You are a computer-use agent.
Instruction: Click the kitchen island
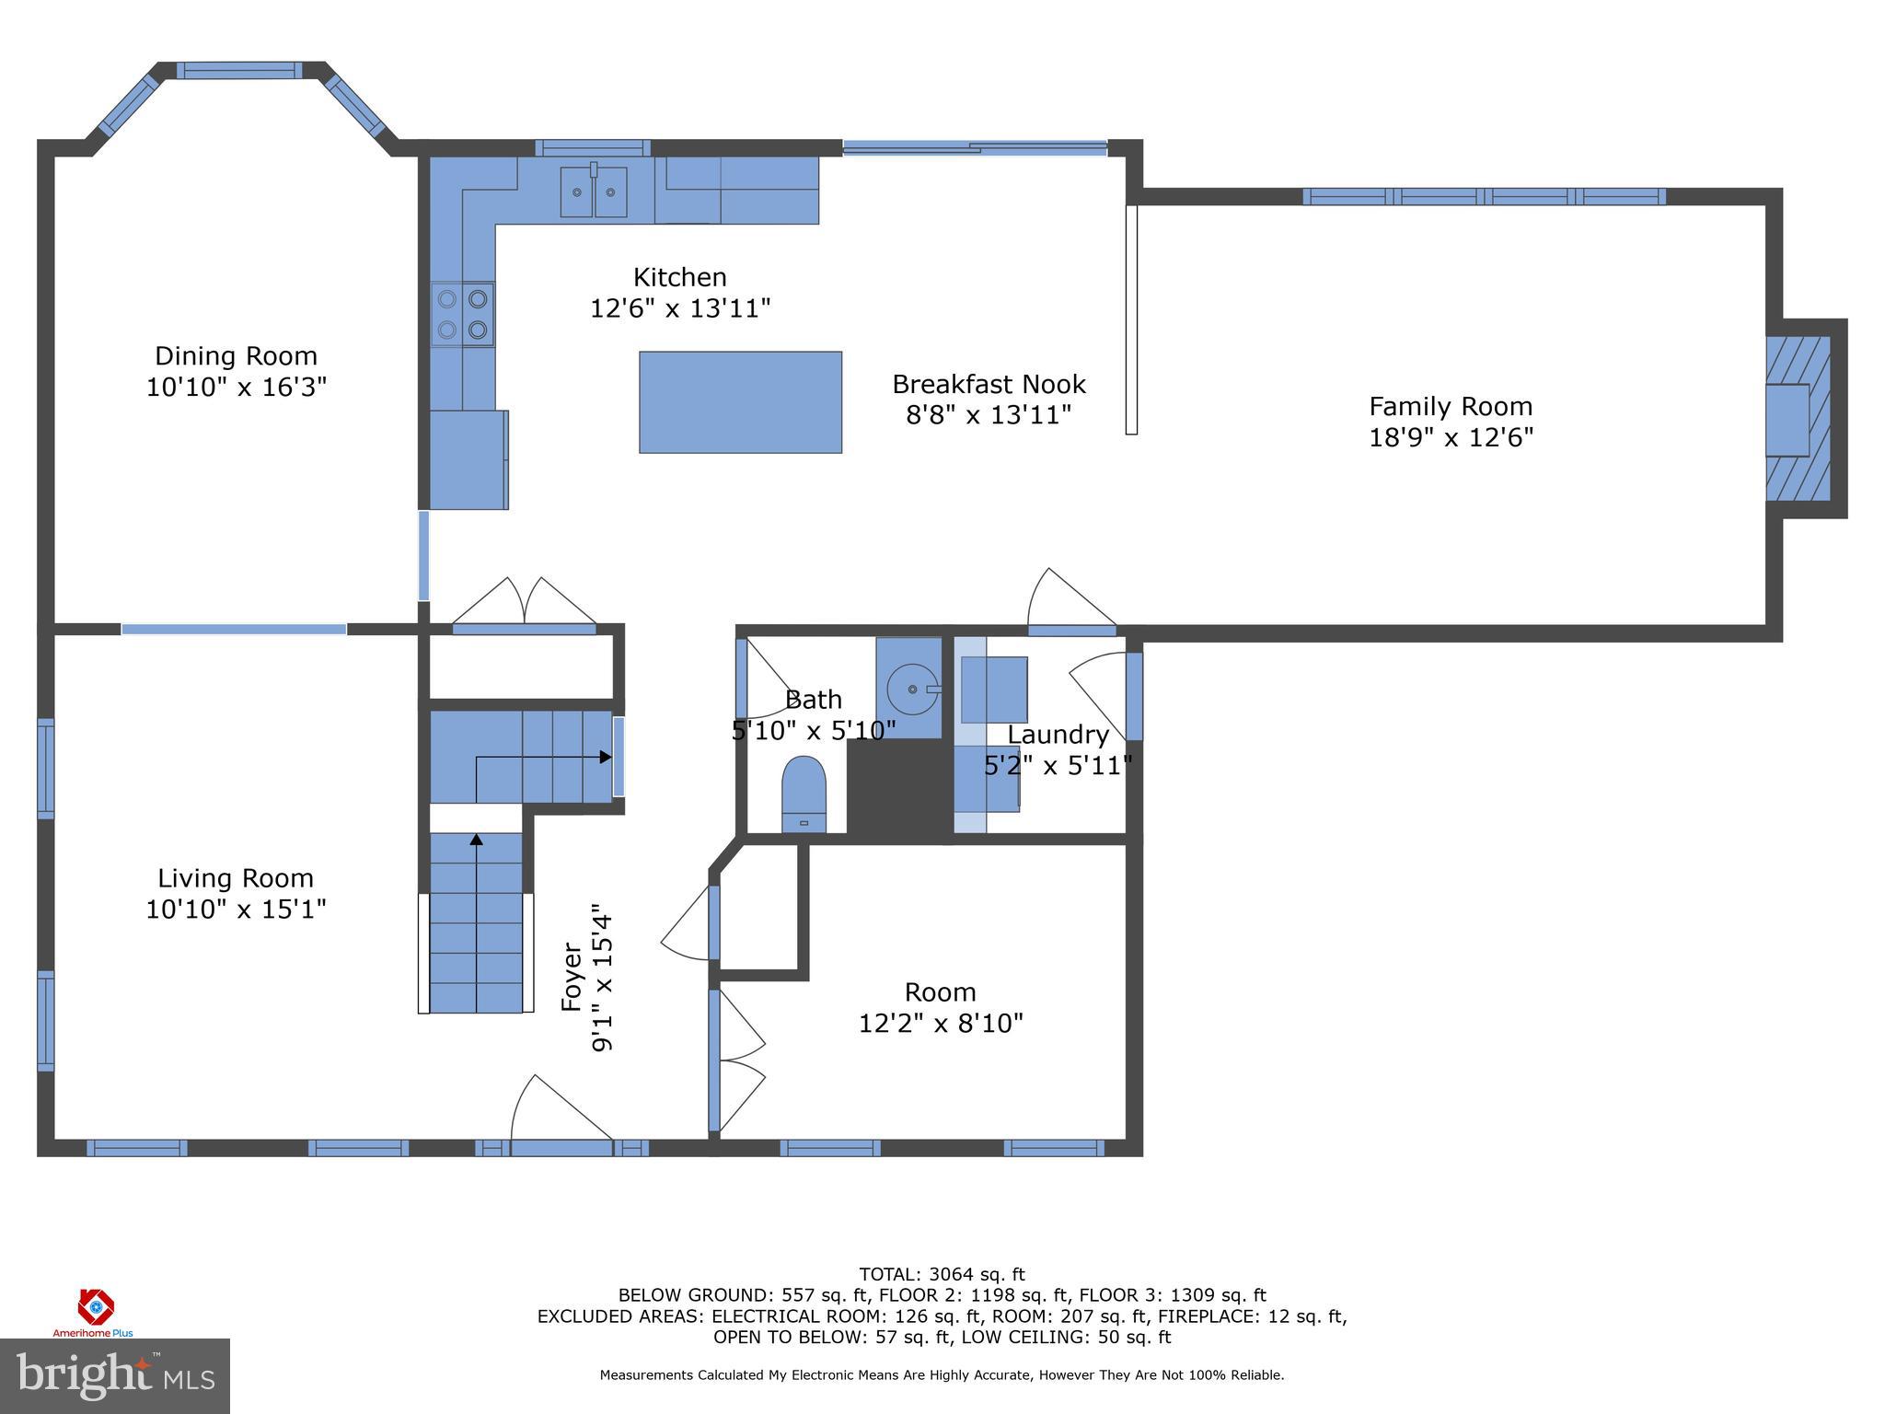[x=740, y=402]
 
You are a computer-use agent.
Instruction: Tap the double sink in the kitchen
[x=594, y=191]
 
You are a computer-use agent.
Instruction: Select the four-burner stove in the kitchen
[x=463, y=314]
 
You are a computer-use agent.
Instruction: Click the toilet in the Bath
[x=804, y=794]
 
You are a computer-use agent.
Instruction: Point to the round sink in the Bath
[x=910, y=688]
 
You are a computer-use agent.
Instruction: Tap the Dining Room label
[x=236, y=356]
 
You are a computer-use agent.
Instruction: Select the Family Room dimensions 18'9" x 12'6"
[x=1451, y=437]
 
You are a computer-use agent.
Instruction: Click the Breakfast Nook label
[x=989, y=384]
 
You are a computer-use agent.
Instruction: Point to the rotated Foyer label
[x=572, y=978]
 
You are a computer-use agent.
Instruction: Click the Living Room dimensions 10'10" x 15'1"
[x=236, y=910]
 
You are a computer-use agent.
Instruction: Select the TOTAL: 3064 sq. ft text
[x=942, y=1274]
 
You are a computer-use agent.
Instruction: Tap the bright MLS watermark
[x=115, y=1375]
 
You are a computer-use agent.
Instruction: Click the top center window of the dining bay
[x=239, y=70]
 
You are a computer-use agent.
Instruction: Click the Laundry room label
[x=1058, y=735]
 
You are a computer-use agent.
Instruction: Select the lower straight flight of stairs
[x=476, y=922]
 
